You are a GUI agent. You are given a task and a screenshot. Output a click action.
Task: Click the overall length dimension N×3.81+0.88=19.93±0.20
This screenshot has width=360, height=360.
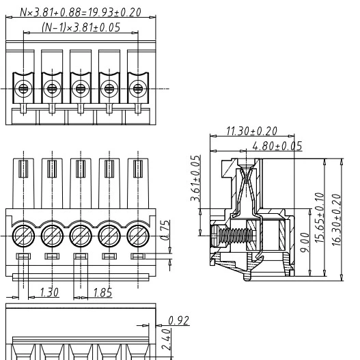coord(81,12)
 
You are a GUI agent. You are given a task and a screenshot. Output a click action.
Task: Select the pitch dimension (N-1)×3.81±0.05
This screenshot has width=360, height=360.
coord(81,27)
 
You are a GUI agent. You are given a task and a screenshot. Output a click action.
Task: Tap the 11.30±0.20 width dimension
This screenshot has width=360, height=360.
coord(251,131)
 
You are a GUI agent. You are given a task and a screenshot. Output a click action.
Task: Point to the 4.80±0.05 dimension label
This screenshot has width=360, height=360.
coord(277,146)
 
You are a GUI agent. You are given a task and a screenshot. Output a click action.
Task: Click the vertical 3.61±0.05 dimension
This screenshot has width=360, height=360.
coord(195,178)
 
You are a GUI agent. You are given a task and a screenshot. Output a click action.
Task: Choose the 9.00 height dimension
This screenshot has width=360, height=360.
coord(305,243)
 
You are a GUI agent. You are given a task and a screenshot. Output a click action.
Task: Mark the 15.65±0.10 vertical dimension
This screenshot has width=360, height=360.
coord(320,218)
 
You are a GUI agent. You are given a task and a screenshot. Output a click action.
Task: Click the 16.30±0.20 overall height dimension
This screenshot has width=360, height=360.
coord(337,220)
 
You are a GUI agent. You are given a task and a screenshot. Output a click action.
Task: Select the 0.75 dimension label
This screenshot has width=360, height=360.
coord(165,230)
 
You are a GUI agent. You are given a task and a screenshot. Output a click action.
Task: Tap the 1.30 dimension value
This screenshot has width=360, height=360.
coord(49,292)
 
